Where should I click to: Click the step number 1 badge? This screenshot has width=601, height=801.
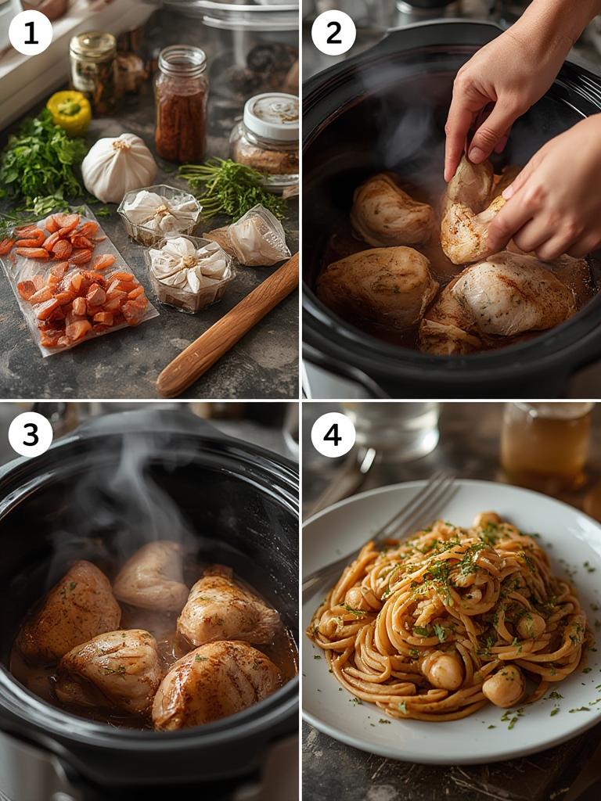coord(31,33)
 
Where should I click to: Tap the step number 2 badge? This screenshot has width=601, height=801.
coord(333,33)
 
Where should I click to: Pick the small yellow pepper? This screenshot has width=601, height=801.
coord(69,110)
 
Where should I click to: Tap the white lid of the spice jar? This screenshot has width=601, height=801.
coord(271,116)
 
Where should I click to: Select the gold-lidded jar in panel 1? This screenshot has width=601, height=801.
coord(94,70)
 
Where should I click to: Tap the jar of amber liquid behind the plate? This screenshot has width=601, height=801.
coord(546,446)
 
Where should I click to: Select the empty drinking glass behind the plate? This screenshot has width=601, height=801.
coord(391,430)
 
